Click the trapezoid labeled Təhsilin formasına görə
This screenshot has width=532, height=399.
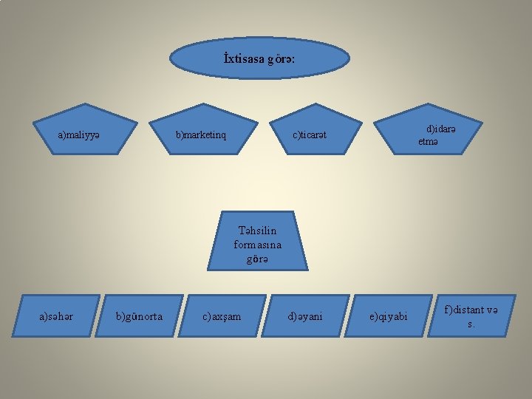coord(257,241)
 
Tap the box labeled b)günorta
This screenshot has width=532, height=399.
coord(140,317)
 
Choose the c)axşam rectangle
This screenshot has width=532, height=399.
coord(222,317)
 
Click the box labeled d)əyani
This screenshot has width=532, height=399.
coord(305,317)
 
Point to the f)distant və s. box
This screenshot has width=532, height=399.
coord(471,316)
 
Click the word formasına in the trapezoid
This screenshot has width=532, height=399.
coord(257,245)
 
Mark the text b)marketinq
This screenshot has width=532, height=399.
coord(201,135)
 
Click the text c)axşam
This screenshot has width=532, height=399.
coord(222,317)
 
